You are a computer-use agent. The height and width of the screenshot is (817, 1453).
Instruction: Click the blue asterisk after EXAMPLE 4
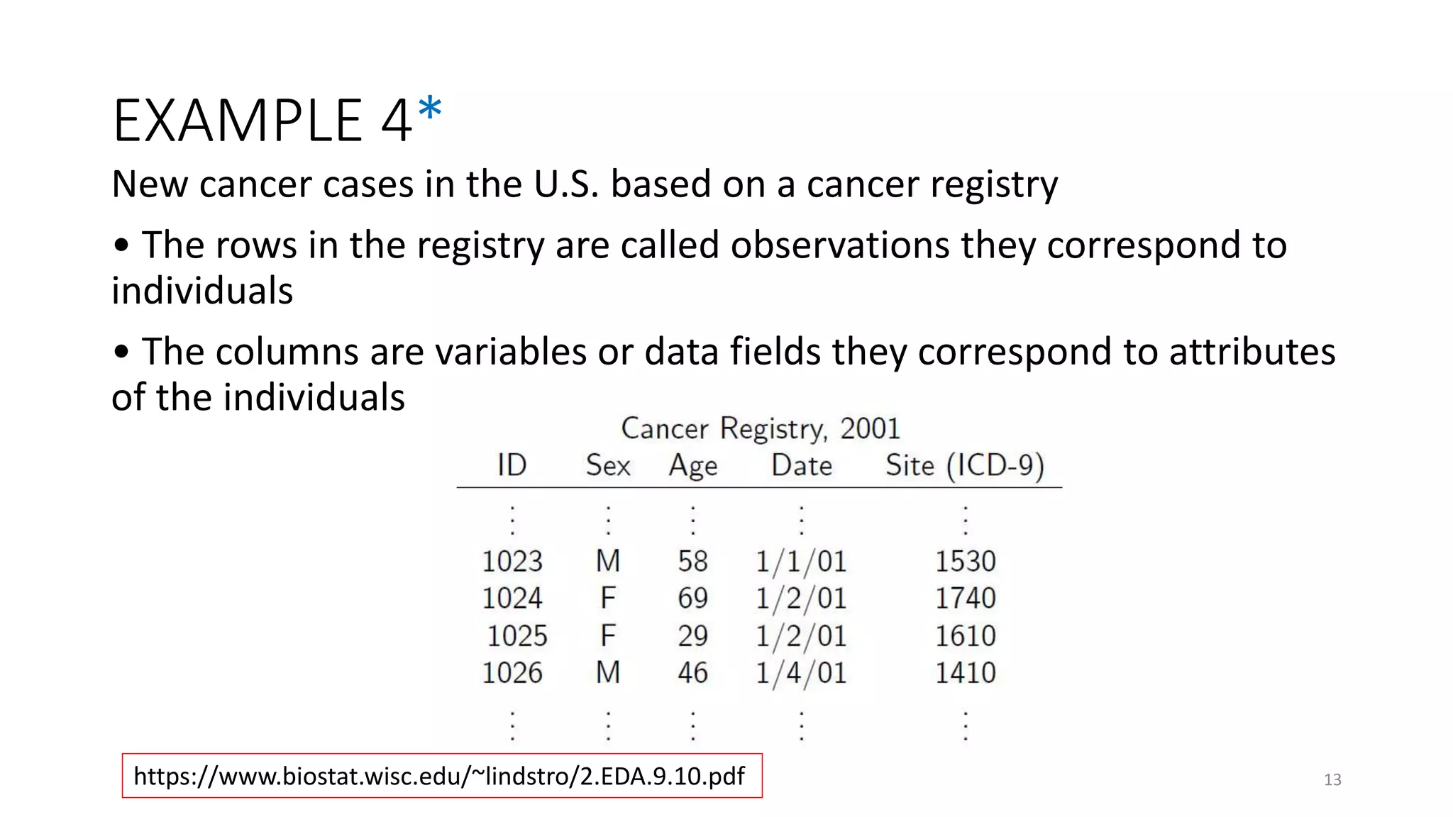pyautogui.click(x=430, y=111)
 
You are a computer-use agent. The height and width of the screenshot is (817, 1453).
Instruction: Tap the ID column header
pyautogui.click(x=512, y=465)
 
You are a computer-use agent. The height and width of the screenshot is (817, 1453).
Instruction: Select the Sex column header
pyautogui.click(x=608, y=465)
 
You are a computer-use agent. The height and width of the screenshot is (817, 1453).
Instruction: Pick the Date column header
pyautogui.click(x=802, y=465)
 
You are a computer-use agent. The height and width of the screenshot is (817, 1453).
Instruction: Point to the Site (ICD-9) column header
pyautogui.click(x=965, y=466)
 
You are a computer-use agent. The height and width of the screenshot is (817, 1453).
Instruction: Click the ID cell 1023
pyautogui.click(x=512, y=562)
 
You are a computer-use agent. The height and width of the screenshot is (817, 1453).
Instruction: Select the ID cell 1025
pyautogui.click(x=517, y=635)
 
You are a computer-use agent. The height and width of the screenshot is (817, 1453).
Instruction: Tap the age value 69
pyautogui.click(x=692, y=599)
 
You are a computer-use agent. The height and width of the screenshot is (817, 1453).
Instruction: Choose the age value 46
pyautogui.click(x=692, y=672)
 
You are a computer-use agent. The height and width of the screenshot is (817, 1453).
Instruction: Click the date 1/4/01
pyautogui.click(x=801, y=673)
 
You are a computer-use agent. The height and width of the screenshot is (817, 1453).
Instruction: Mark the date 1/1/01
pyautogui.click(x=801, y=562)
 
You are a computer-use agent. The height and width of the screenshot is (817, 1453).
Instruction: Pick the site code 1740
pyautogui.click(x=965, y=599)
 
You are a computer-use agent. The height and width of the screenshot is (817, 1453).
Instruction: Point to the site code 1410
pyautogui.click(x=965, y=672)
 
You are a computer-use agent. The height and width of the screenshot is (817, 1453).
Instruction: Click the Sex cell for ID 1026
pyautogui.click(x=608, y=672)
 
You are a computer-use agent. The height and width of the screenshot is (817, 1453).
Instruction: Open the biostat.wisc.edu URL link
pyautogui.click(x=439, y=776)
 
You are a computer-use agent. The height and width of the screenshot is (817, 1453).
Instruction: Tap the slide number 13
pyautogui.click(x=1332, y=780)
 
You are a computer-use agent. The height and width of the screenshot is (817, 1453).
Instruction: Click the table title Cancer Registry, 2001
pyautogui.click(x=760, y=428)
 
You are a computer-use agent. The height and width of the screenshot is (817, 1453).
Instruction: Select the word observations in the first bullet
pyautogui.click(x=840, y=245)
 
